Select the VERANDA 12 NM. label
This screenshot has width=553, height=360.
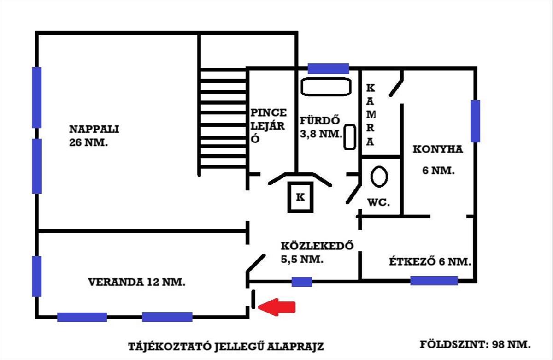coord(137,282)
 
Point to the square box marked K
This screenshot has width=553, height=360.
coord(300,197)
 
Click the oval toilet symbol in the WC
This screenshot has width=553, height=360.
coord(379,176)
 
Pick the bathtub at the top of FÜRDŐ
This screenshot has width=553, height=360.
coord(326,86)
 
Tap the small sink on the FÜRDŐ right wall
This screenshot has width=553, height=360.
coord(350,137)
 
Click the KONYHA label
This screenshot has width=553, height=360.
coord(437,149)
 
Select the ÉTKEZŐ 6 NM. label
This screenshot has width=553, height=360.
coord(429,262)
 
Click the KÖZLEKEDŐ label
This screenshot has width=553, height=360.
coord(317,245)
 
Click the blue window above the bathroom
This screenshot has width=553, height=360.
coord(328,69)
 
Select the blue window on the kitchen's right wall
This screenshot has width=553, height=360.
coord(475,121)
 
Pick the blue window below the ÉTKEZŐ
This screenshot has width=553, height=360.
coord(434,280)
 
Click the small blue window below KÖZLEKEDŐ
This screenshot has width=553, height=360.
coord(302,281)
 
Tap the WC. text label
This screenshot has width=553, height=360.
coord(378,202)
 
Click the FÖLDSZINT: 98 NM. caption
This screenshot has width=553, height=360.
coord(475,344)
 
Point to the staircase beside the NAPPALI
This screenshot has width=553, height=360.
coord(224,119)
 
